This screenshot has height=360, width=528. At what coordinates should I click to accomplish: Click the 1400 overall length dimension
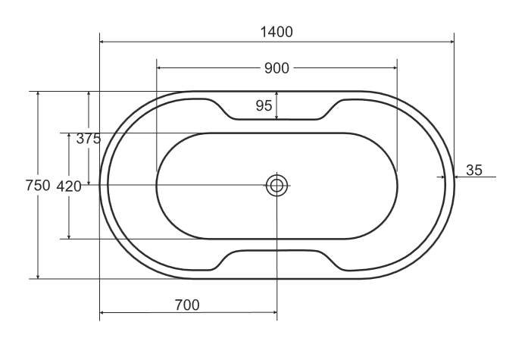click(x=276, y=32)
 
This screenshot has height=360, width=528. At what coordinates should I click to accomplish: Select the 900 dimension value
click(x=276, y=68)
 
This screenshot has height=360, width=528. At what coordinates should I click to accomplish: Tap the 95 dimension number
click(x=264, y=106)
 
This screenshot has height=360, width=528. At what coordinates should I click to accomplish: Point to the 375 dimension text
click(x=89, y=139)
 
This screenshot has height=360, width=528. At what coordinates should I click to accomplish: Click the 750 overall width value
click(x=38, y=186)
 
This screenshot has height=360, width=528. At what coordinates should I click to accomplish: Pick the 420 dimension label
click(x=69, y=186)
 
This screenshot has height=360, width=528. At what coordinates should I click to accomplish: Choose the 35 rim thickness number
click(x=474, y=171)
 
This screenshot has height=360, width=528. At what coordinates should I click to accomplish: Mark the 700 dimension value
click(x=187, y=305)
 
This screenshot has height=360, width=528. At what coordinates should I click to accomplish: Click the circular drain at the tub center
click(x=276, y=185)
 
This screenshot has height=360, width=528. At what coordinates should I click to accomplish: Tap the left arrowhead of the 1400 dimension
click(x=102, y=42)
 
